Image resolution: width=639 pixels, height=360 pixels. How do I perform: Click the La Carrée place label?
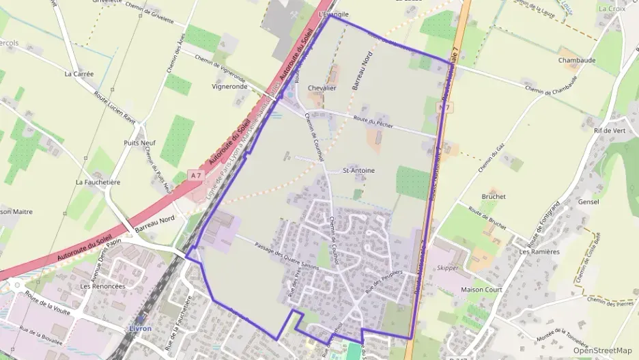[79, 73]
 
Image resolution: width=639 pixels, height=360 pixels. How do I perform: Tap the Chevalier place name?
[322, 88]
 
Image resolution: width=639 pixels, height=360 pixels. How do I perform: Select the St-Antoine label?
[358, 170]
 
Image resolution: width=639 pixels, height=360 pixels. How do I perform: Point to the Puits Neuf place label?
[139, 143]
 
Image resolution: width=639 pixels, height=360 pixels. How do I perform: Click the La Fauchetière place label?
[98, 182]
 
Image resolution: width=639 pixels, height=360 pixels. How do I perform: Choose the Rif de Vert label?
[610, 130]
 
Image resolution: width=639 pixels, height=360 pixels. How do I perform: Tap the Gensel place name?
[588, 202]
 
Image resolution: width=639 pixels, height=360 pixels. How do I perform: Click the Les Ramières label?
[539, 251]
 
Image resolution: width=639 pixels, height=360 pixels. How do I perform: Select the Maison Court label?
[481, 290]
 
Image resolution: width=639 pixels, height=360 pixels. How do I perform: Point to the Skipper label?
[448, 268]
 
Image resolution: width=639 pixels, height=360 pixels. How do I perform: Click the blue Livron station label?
[139, 328]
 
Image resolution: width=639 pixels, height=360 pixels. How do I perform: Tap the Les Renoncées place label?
[103, 286]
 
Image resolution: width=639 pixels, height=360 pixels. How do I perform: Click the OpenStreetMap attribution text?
[602, 350]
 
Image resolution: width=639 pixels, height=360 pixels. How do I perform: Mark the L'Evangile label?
[333, 14]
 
